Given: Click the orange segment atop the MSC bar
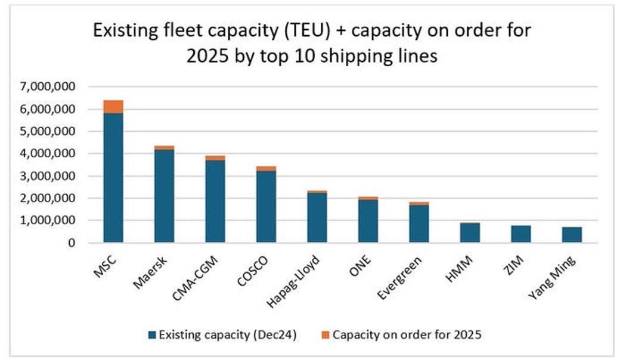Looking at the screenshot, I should pos(113,107).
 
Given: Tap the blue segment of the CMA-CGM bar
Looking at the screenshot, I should pos(215,201).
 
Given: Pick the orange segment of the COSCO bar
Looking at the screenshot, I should pos(266,169).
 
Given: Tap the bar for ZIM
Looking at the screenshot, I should pos(520,234).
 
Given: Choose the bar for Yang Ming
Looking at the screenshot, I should pos(572,235).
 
